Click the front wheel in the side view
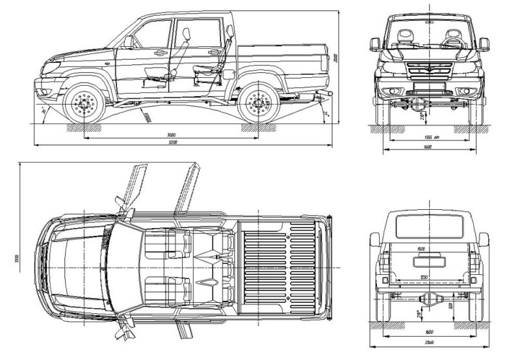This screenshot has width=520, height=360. point(84,103)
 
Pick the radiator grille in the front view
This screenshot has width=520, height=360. point(428,71)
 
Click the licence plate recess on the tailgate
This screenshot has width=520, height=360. point(428,262)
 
